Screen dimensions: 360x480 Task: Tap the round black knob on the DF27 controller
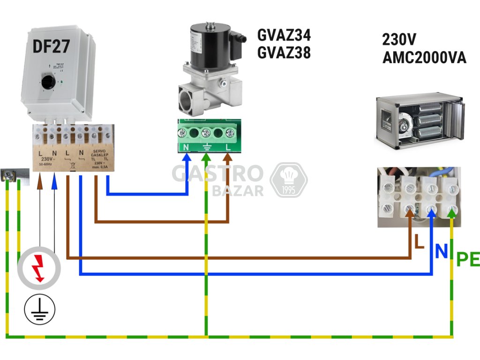tap(47, 83)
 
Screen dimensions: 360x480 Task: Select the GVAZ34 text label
tap(284, 35)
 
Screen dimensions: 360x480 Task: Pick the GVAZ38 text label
tap(284, 52)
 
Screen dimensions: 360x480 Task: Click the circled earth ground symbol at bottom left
tap(40, 309)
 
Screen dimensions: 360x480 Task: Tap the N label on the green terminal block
tap(186, 147)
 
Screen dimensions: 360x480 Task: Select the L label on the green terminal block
tap(228, 147)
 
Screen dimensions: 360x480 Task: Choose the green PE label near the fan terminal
tap(468, 259)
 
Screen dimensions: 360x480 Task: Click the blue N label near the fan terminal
tap(441, 252)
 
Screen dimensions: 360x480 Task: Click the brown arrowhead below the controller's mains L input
tap(40, 179)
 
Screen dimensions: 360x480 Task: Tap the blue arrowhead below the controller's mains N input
tap(54, 179)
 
